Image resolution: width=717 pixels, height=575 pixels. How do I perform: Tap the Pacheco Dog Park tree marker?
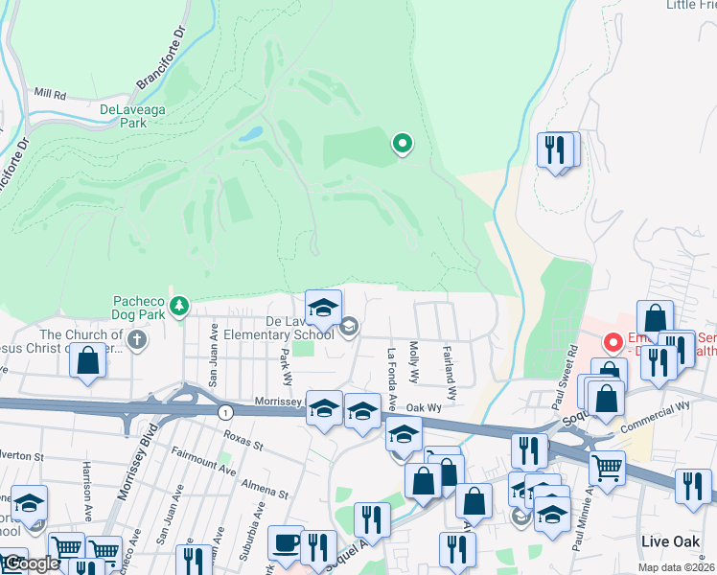pos(178,307)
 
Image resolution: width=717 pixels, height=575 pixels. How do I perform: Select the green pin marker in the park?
pos(403,145)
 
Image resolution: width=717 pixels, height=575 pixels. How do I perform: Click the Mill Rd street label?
pos(49,95)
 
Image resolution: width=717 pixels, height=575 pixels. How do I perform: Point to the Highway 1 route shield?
pos(224,411)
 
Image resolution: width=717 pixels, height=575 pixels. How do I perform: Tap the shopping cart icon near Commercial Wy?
pos(607,469)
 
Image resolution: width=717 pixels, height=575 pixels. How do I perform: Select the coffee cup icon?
pos(286,541)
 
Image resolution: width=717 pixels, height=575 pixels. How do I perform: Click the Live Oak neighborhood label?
pos(670,541)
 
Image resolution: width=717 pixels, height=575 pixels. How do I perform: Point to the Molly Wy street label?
pos(414,361)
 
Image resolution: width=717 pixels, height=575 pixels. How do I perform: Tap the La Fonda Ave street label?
pos(391,375)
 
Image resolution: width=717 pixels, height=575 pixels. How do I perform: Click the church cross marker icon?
pos(137,338)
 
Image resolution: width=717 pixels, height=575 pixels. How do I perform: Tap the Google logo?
pos(31,563)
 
